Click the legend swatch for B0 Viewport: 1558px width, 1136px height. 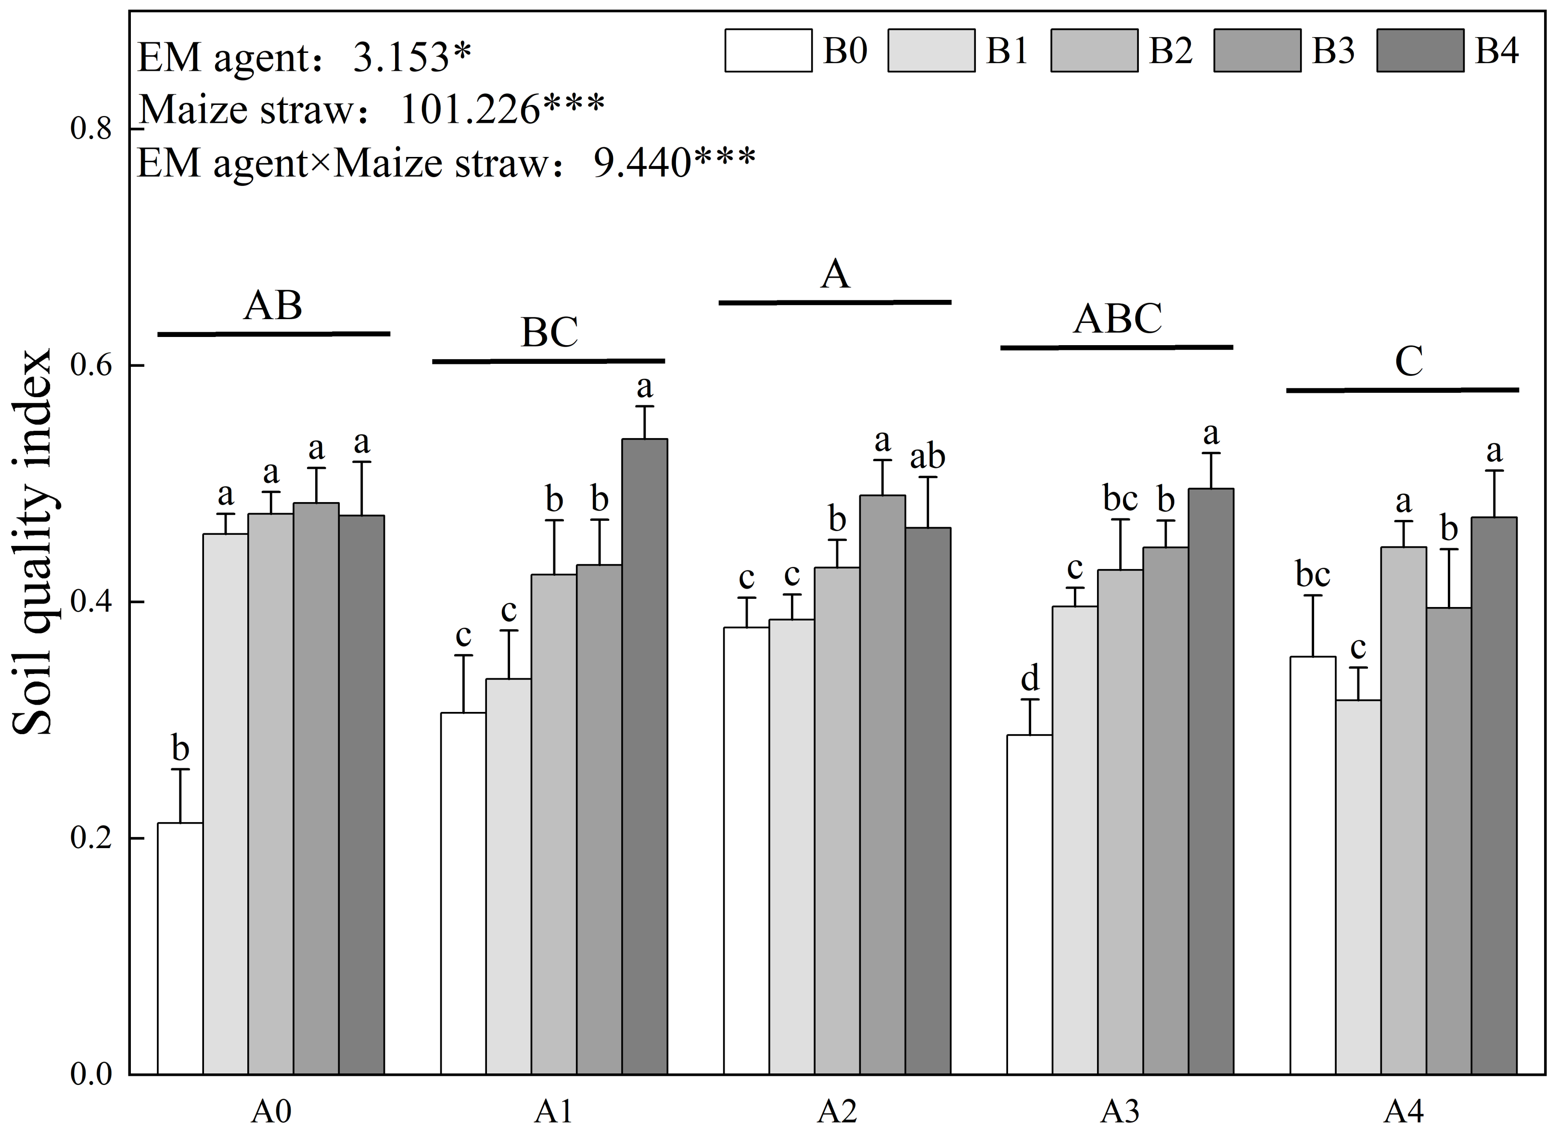coord(767,51)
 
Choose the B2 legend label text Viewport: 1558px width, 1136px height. coord(1170,51)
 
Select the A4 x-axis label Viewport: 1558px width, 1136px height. coord(1404,1110)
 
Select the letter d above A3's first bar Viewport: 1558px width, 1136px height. coord(1030,679)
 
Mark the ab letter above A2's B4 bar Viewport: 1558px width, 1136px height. coord(928,457)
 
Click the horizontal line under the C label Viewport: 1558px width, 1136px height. coord(1402,390)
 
